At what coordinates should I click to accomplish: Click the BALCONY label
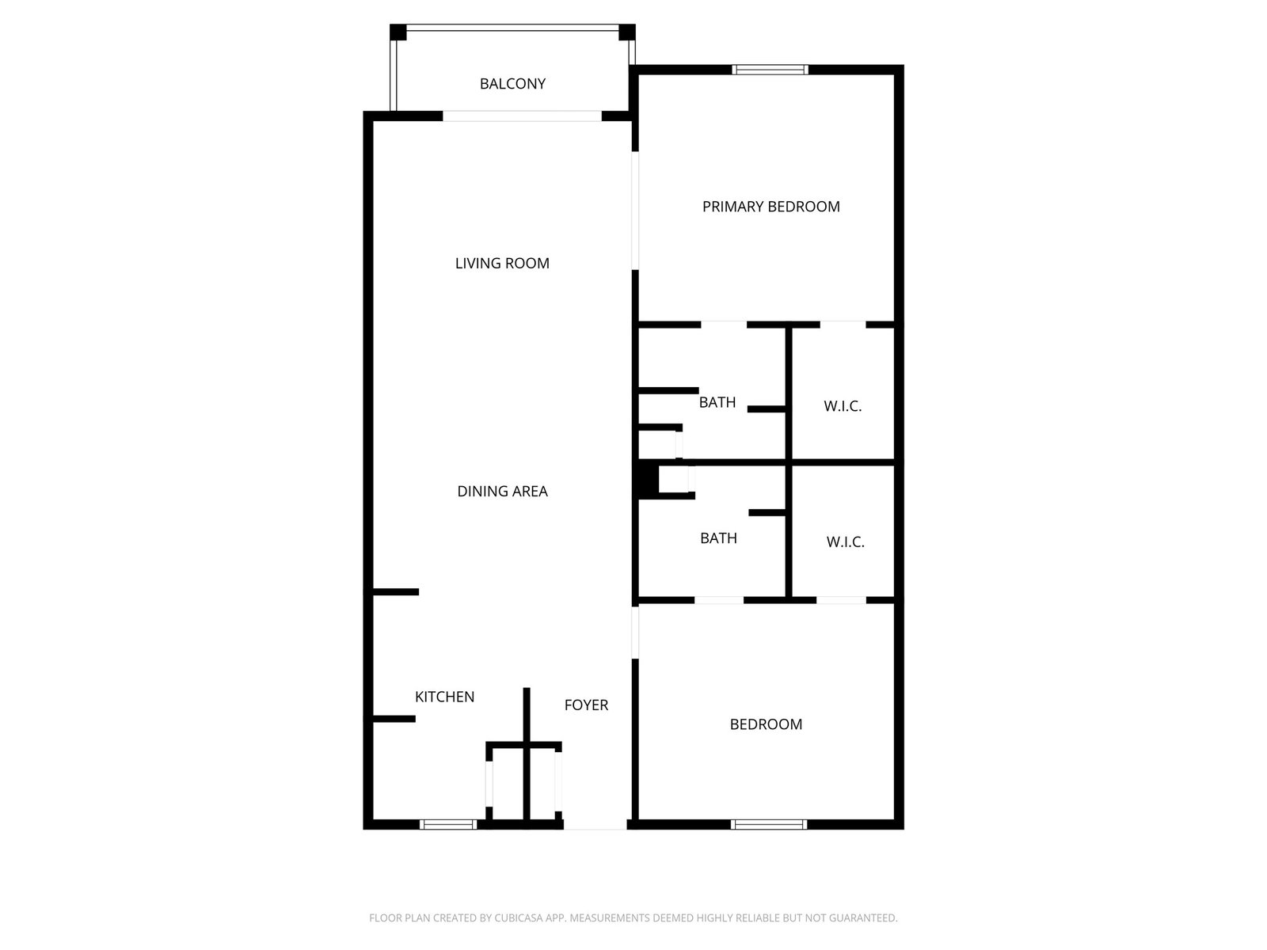(512, 84)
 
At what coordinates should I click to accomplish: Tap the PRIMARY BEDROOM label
(770, 207)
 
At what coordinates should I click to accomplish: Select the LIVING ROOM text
(501, 263)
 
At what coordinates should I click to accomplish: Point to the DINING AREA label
(501, 491)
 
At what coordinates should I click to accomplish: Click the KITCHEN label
(444, 697)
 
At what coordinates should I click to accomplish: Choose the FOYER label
(586, 705)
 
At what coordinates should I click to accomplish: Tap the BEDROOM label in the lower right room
(766, 724)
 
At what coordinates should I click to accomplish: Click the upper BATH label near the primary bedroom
(717, 402)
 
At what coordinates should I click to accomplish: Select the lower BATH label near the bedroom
(718, 538)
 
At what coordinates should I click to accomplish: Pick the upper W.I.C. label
(843, 406)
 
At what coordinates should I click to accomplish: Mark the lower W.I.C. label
(845, 542)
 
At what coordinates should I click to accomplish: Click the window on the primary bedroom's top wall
(770, 70)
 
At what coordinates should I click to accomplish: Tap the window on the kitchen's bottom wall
(448, 824)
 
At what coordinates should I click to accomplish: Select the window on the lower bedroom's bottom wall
(768, 824)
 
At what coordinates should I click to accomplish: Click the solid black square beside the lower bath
(646, 479)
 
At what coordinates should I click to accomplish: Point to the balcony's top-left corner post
(398, 32)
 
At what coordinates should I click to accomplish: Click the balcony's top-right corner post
(627, 32)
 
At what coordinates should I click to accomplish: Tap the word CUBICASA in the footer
(518, 918)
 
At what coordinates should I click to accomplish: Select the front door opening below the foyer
(595, 826)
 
